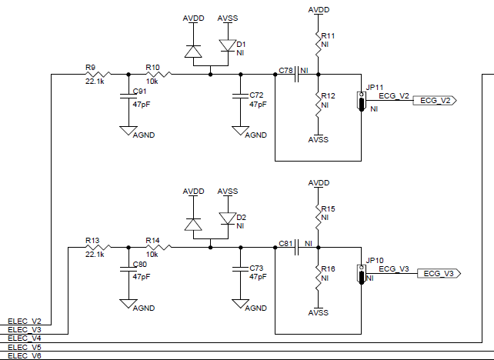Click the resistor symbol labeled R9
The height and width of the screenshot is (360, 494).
[98, 75]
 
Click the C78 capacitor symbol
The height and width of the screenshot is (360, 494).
[296, 75]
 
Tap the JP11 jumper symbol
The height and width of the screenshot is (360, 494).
[360, 101]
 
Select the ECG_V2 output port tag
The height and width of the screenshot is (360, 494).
[436, 101]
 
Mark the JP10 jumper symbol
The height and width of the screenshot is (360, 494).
[360, 273]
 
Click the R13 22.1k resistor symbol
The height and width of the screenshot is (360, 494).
[98, 247]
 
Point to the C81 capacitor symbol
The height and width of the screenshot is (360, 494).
[296, 247]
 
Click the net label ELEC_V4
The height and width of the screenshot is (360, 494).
[24, 338]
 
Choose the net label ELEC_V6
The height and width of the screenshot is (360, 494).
[24, 356]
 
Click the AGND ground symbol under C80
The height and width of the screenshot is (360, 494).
[129, 304]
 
